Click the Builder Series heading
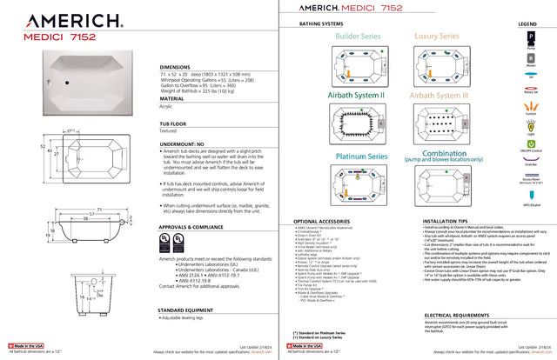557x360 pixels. pyautogui.click(x=358, y=37)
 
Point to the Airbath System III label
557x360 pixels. pyautogui.click(x=439, y=94)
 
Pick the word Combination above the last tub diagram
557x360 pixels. pyautogui.click(x=439, y=154)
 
